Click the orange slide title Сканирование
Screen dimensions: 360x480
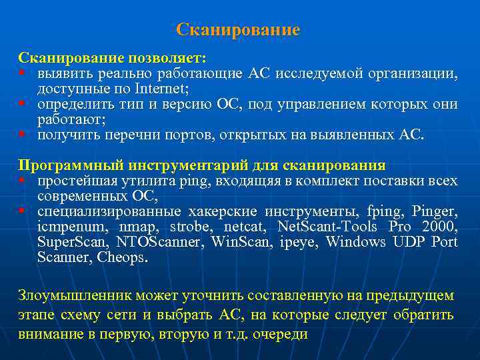238,31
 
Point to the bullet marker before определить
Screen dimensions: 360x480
23,105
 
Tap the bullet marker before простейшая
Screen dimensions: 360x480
23,181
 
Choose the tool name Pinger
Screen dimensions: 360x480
435,212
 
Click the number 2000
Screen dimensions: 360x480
439,227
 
